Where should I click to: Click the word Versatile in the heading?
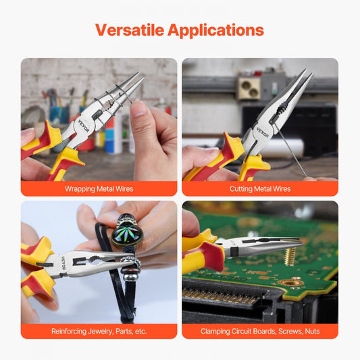(130, 30)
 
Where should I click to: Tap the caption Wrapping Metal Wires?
(99, 188)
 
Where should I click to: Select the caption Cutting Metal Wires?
(260, 188)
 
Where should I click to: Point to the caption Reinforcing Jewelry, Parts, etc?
(99, 332)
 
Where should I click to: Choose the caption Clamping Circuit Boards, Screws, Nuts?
(260, 332)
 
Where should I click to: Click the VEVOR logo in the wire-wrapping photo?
(83, 126)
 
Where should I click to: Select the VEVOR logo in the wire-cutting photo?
(262, 132)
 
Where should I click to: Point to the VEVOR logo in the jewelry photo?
(63, 263)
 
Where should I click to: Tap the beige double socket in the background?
(249, 89)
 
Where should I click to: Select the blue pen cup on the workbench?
(59, 114)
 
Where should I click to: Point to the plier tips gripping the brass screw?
(297, 242)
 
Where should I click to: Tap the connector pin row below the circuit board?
(220, 297)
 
